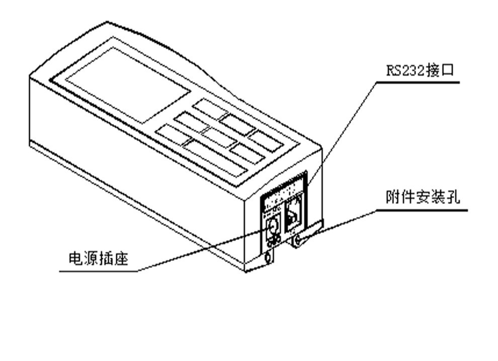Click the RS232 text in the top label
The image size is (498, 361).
click(405, 70)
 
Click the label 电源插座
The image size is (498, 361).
click(98, 259)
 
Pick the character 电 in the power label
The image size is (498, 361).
click(76, 259)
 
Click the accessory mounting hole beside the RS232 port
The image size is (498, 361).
click(297, 242)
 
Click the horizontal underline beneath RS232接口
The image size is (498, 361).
click(418, 82)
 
